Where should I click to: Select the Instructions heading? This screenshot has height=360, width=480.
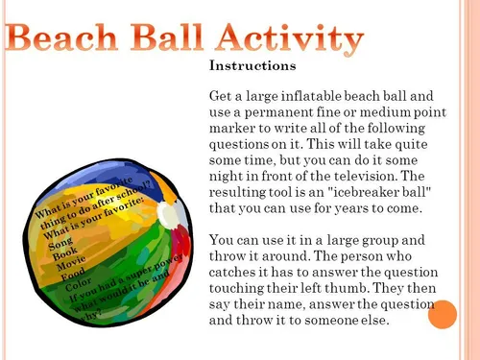(252, 68)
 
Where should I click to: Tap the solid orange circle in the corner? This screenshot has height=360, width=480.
(443, 314)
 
